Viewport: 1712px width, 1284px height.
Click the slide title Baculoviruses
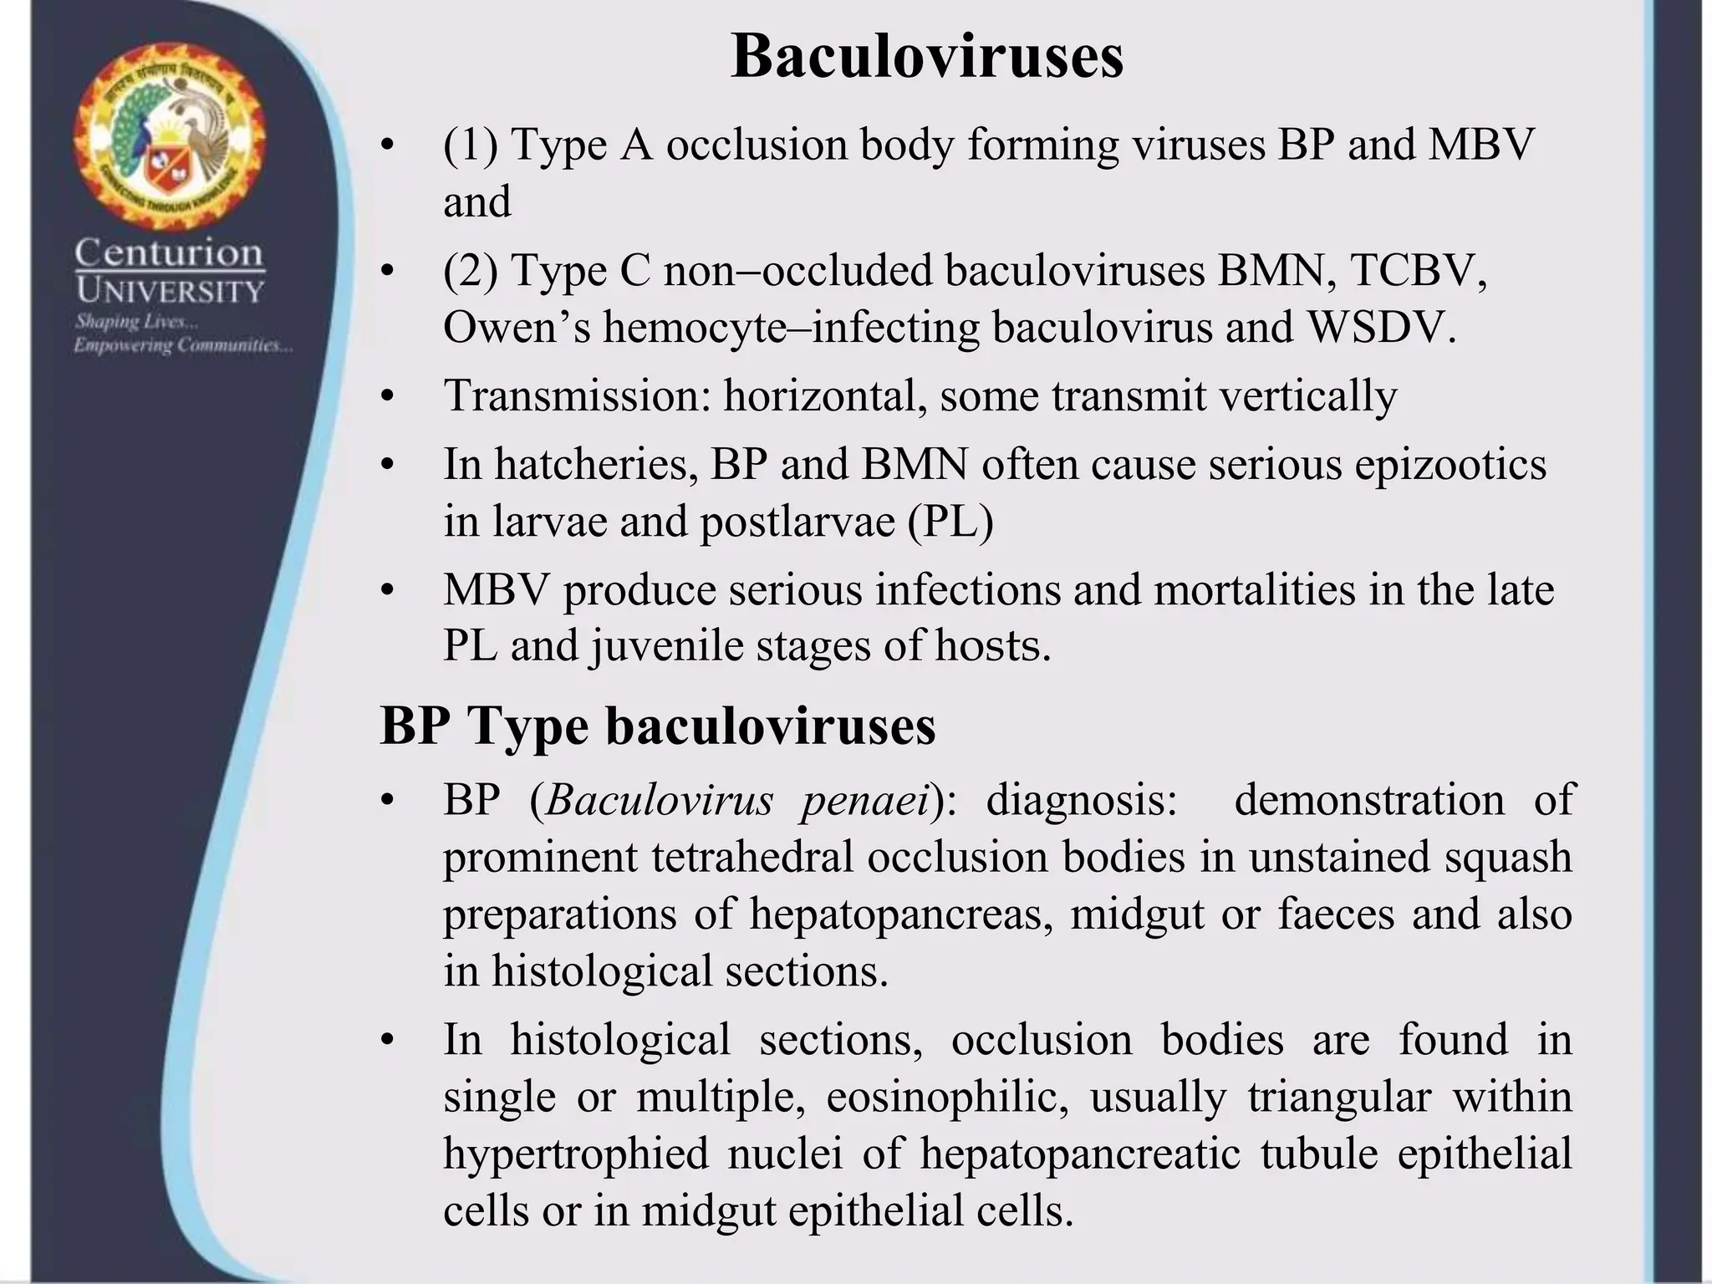[926, 57]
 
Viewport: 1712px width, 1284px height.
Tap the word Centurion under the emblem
[170, 252]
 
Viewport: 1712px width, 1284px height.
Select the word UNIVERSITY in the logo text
[170, 291]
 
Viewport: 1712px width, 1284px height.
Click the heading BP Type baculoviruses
[658, 726]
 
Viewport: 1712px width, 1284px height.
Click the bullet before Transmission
[385, 396]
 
